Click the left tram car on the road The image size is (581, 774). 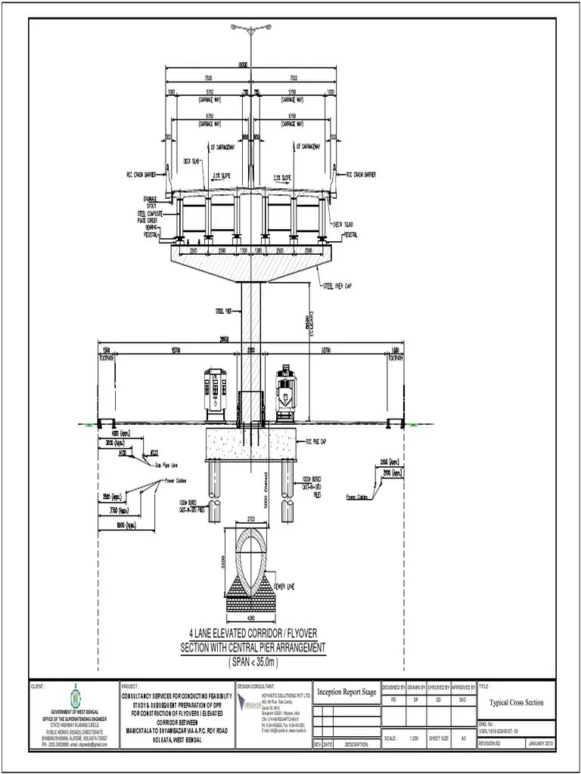pos(216,392)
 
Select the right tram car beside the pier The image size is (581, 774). pos(285,391)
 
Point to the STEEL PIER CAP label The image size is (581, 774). pos(338,286)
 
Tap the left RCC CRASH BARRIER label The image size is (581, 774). pos(141,173)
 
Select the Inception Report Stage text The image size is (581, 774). pos(346,692)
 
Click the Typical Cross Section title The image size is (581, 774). pos(516,702)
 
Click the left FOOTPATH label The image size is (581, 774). pos(106,359)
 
